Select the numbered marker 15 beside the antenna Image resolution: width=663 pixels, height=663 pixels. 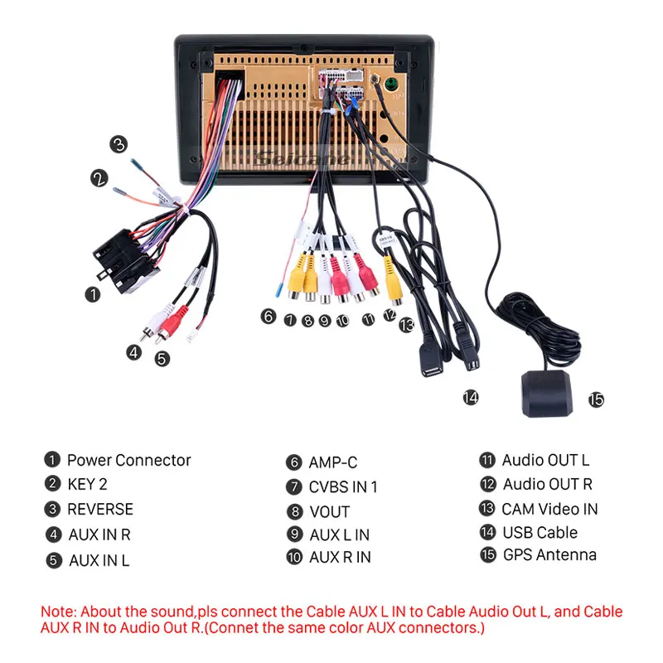[x=596, y=400]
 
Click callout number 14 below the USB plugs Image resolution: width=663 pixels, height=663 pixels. [x=471, y=398]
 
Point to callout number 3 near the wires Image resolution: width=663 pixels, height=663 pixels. [x=119, y=144]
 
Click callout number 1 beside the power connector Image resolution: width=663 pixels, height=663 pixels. [x=94, y=293]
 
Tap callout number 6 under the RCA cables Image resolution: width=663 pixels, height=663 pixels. [x=267, y=316]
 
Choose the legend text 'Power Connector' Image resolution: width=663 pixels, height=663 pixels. [x=128, y=460]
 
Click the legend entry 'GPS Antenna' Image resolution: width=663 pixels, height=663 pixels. [x=549, y=554]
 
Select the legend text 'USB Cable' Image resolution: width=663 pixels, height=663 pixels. [x=540, y=532]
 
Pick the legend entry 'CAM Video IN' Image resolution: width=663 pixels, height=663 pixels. [x=549, y=508]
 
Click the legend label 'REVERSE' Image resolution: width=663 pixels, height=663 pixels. [x=99, y=509]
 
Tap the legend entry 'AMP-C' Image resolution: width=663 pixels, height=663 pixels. [x=333, y=462]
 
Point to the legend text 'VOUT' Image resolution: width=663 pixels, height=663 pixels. [x=329, y=511]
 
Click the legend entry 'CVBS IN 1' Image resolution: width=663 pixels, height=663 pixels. [x=343, y=486]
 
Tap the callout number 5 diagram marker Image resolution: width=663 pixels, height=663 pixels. [x=162, y=358]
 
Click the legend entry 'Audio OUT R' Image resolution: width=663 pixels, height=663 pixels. [x=548, y=484]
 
